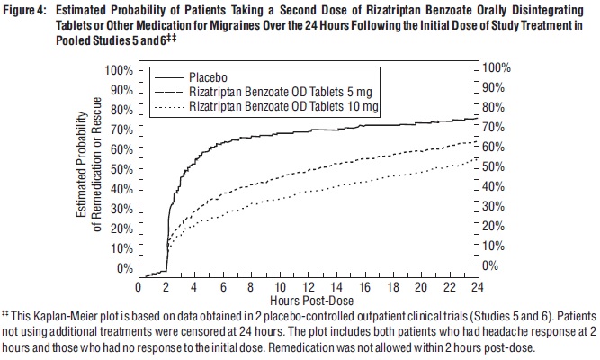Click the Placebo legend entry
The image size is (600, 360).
click(x=208, y=77)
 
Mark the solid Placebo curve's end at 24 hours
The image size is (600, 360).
click(x=473, y=117)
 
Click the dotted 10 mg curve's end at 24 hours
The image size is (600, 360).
click(x=473, y=158)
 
